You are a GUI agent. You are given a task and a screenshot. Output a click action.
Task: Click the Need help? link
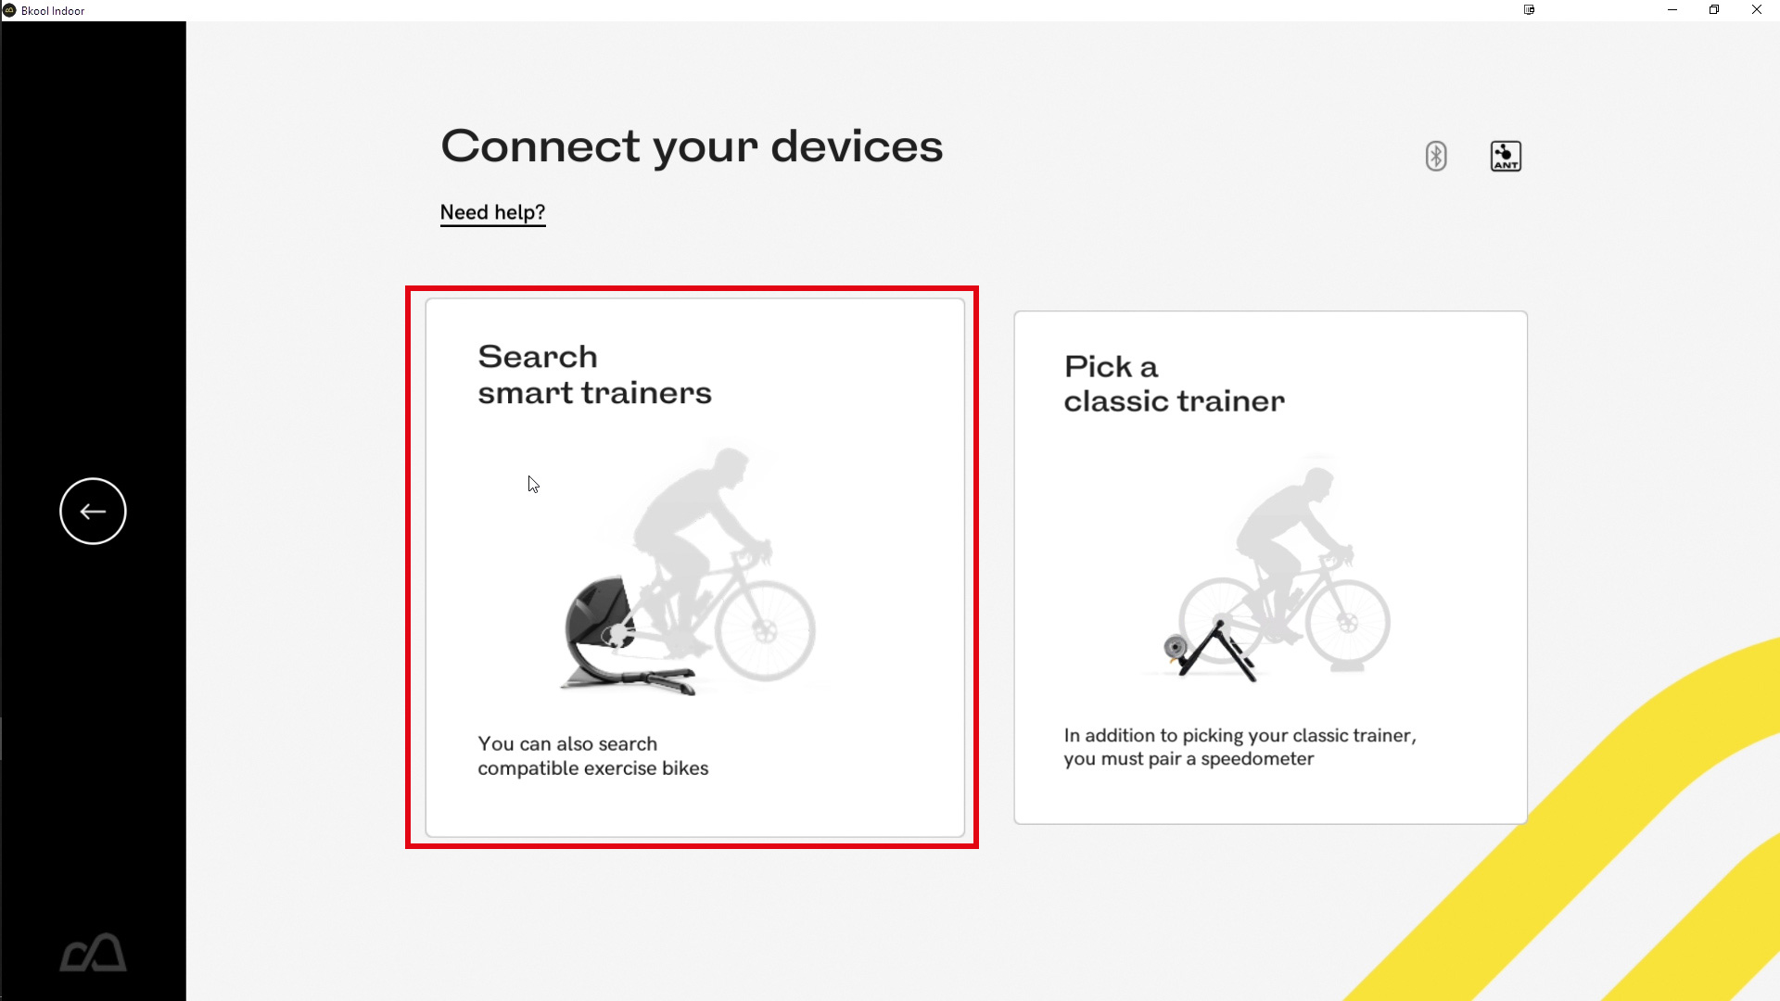click(x=492, y=213)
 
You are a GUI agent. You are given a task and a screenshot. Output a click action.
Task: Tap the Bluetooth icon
click(x=1436, y=156)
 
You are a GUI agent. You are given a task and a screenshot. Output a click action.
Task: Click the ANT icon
click(x=1506, y=156)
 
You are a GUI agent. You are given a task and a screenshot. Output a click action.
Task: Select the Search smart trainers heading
click(x=594, y=374)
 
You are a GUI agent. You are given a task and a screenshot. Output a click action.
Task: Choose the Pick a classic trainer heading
click(x=1174, y=384)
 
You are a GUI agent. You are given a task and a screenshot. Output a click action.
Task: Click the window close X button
click(x=1756, y=10)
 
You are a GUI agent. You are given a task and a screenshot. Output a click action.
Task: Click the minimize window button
click(x=1672, y=10)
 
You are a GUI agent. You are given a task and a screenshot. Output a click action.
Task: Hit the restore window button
click(x=1714, y=10)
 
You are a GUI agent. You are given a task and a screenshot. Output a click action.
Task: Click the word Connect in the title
click(x=540, y=146)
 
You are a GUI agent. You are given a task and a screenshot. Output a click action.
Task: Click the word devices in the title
click(x=857, y=146)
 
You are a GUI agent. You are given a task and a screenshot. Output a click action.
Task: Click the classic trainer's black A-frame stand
click(x=1216, y=653)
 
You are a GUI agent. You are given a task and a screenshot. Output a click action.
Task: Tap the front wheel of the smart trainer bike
click(x=765, y=631)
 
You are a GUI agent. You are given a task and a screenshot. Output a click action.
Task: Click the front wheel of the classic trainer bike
click(x=1348, y=622)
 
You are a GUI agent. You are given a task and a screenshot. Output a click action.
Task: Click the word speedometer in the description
click(x=1257, y=759)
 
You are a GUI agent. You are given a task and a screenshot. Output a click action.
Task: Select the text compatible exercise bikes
click(x=593, y=768)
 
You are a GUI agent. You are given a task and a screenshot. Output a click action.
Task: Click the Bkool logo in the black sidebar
click(x=93, y=952)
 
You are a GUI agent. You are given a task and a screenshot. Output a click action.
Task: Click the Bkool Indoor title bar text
click(x=53, y=11)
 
